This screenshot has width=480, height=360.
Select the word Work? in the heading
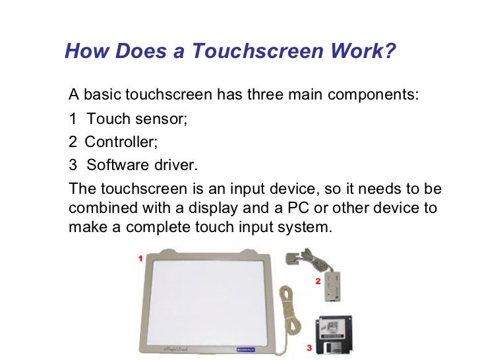point(368,51)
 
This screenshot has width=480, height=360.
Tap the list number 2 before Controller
point(73,141)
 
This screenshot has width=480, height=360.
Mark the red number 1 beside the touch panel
point(140,259)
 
